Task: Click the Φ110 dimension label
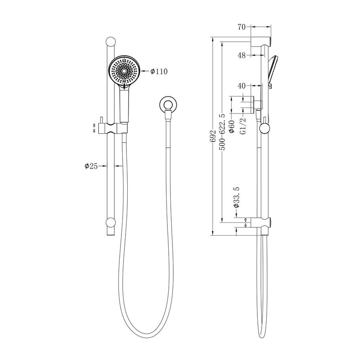[x=159, y=72]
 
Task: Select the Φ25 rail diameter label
[x=91, y=166]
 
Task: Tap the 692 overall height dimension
[x=213, y=136]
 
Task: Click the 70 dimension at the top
[x=241, y=27]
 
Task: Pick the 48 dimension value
[x=241, y=54]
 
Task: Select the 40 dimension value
[x=241, y=86]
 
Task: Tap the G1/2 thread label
[x=242, y=126]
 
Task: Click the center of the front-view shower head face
[x=123, y=72]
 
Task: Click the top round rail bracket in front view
[x=111, y=42]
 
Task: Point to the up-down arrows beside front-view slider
[x=94, y=128]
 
